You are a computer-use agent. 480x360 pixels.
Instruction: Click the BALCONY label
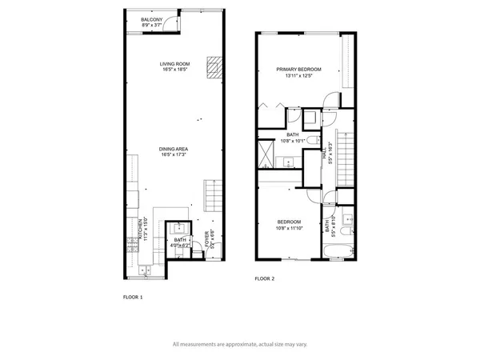(x=152, y=18)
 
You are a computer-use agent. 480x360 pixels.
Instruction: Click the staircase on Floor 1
(x=212, y=193)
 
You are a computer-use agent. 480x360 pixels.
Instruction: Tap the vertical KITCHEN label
(x=142, y=230)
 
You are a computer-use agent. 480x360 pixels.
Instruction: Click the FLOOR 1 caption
(x=133, y=297)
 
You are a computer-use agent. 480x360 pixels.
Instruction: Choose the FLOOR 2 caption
(x=265, y=279)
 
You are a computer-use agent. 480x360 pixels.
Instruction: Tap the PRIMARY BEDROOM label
(x=298, y=70)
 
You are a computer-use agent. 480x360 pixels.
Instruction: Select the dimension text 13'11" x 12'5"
(x=298, y=76)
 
